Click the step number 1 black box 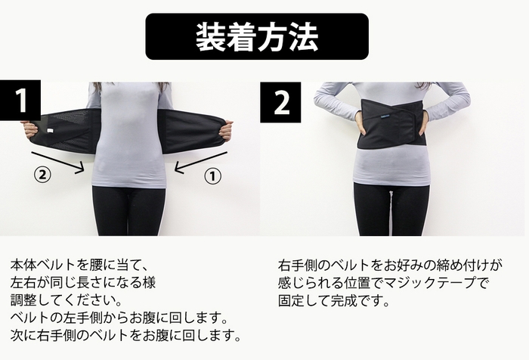[20, 101]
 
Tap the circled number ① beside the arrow [214, 175]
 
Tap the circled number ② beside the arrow [43, 175]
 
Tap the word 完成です [362, 300]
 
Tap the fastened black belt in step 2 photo [391, 125]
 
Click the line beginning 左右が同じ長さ [83, 283]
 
